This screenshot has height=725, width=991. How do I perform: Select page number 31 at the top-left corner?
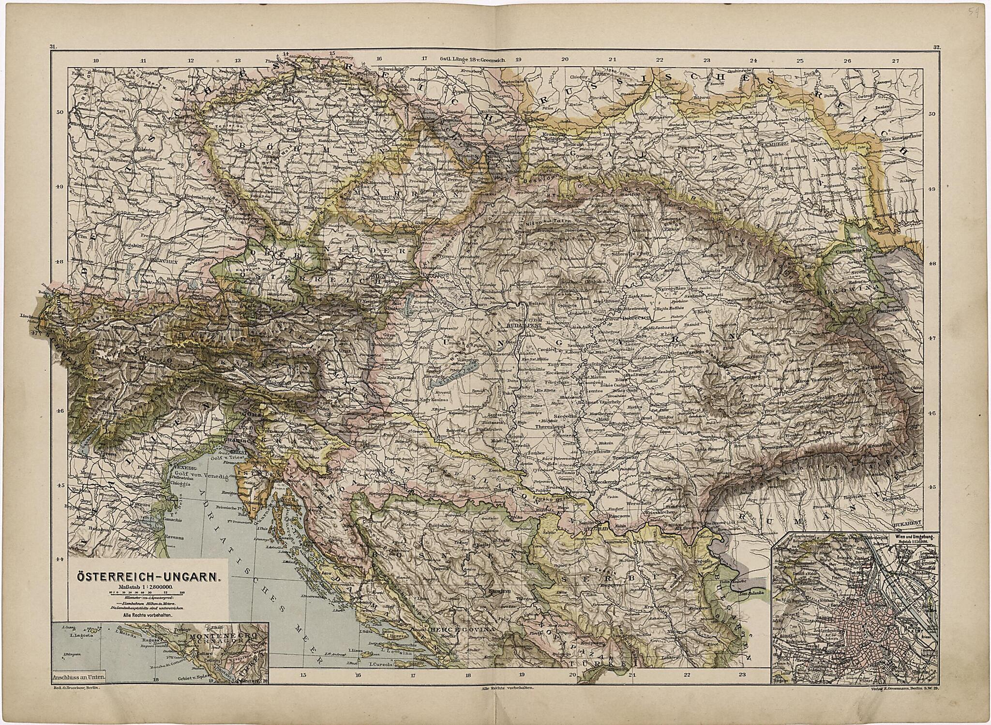pos(53,47)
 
